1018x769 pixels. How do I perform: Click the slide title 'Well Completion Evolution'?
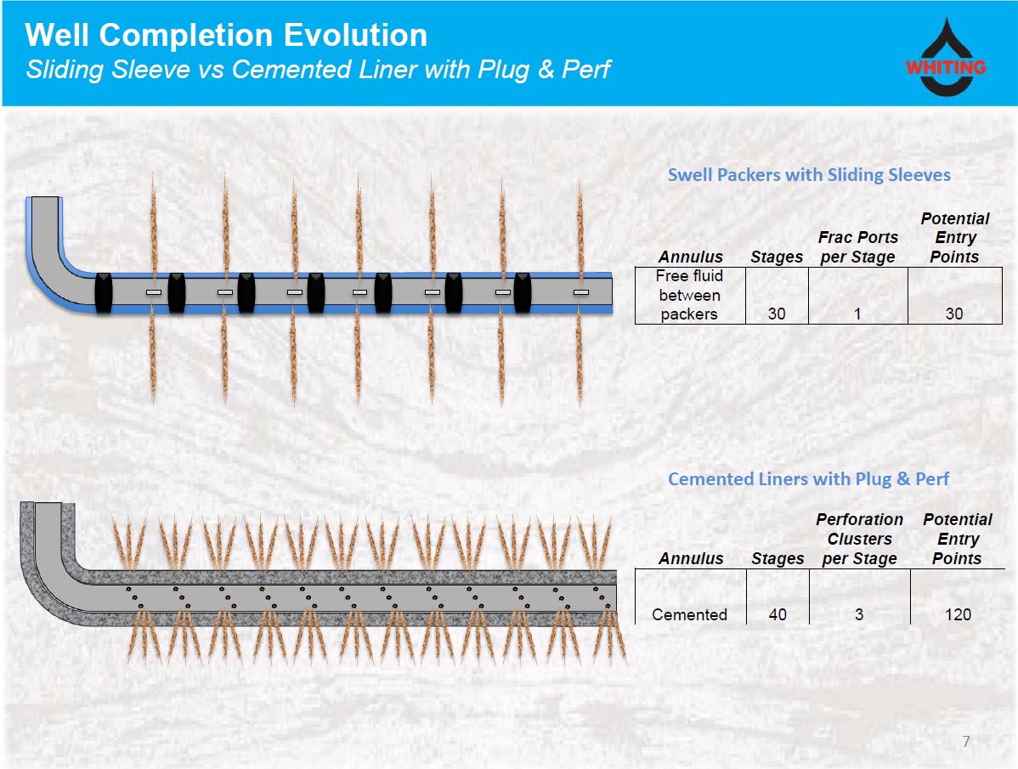pos(226,35)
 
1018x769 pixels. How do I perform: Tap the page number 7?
pos(965,742)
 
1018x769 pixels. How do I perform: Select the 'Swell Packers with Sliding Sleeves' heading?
pos(808,175)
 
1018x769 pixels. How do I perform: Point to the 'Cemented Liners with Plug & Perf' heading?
pos(808,479)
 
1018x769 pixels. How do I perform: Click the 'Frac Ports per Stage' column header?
pos(857,247)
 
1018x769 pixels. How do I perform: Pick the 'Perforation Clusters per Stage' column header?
pos(859,539)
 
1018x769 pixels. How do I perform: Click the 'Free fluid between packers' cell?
pos(689,295)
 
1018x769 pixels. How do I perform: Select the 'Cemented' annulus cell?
pos(689,614)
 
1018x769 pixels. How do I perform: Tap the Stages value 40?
pos(777,614)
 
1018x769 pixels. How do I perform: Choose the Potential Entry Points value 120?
pos(958,614)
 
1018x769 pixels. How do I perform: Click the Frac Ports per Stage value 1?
pos(857,314)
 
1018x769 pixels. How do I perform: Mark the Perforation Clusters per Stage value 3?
pos(859,614)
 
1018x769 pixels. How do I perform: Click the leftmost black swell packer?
pos(103,292)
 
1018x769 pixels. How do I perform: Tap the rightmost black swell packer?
pos(523,292)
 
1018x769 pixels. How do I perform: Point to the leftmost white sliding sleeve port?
pos(154,292)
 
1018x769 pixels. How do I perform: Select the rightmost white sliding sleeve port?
pos(581,292)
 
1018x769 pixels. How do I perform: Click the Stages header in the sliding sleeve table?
pos(777,257)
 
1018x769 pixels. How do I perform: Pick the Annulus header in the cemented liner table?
pos(691,558)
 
